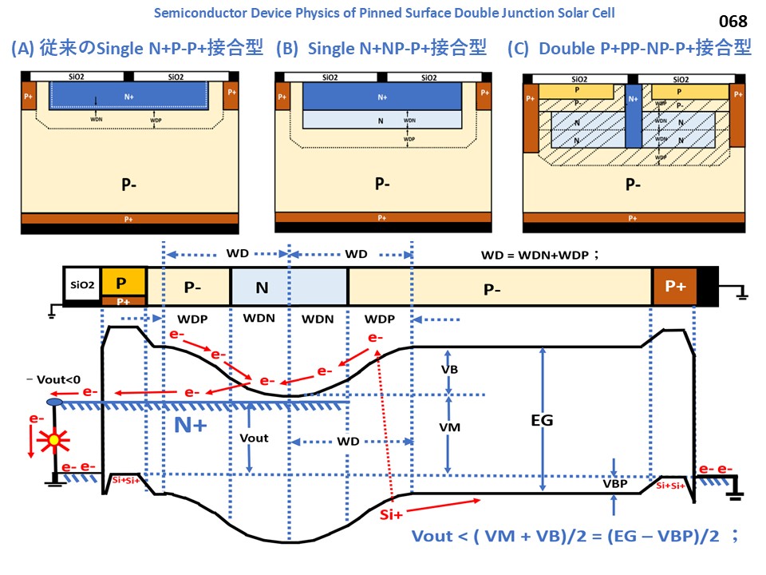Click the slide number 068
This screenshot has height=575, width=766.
[x=733, y=22]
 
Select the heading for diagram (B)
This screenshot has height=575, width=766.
[x=381, y=49]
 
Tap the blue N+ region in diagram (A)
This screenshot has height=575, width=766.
[x=129, y=97]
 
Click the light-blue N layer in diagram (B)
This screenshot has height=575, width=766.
[x=382, y=118]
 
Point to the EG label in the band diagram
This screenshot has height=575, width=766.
[x=541, y=420]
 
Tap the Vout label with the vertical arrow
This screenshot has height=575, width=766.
[x=254, y=438]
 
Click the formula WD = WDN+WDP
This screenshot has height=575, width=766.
[x=539, y=255]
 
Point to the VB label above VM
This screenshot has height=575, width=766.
[x=450, y=371]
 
